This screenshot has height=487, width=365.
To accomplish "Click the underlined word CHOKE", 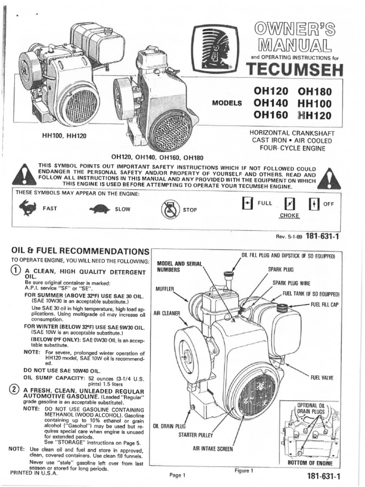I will point(289,215).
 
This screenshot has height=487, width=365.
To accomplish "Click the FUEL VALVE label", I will point(322,378).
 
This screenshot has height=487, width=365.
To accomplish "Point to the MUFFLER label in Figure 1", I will point(165,289).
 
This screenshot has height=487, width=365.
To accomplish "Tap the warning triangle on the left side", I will point(24,176).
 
